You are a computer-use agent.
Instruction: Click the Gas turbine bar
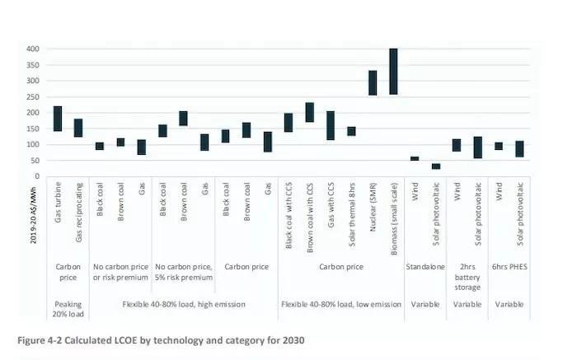(x=58, y=119)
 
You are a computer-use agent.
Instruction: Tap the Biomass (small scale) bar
(x=393, y=71)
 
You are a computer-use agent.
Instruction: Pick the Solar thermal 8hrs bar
(x=352, y=131)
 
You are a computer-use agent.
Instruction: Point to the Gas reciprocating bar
(x=78, y=128)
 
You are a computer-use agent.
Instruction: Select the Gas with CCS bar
(x=331, y=125)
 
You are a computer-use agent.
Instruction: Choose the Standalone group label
(x=425, y=268)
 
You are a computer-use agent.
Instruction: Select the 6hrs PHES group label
(x=509, y=268)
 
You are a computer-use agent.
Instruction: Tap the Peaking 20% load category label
(x=68, y=310)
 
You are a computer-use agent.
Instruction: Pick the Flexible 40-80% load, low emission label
(x=341, y=305)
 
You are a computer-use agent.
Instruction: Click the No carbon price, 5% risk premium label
(x=182, y=273)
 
